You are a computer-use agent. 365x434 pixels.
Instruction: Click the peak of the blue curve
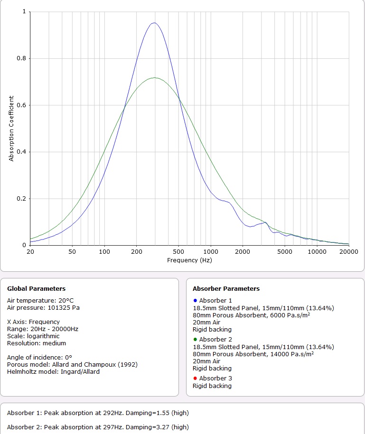pyautogui.click(x=154, y=23)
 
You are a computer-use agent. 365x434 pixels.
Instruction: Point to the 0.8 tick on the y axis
pyautogui.click(x=23, y=58)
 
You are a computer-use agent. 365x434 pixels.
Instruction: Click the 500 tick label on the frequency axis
pyautogui.click(x=178, y=252)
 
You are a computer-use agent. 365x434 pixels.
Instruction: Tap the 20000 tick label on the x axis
pyautogui.click(x=348, y=252)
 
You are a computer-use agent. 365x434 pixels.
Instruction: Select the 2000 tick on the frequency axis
pyautogui.click(x=243, y=252)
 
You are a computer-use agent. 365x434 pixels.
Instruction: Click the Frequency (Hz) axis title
pyautogui.click(x=189, y=260)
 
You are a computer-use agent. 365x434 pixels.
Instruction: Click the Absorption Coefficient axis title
pyautogui.click(x=11, y=128)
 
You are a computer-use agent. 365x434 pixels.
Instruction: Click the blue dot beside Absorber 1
pyautogui.click(x=195, y=301)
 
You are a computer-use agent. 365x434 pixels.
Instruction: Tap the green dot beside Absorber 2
pyautogui.click(x=195, y=340)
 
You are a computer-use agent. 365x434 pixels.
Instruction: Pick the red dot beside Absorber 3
pyautogui.click(x=195, y=379)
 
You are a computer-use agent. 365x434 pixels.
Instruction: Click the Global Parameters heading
pyautogui.click(x=36, y=288)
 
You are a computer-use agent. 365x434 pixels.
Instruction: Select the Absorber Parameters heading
pyautogui.click(x=226, y=288)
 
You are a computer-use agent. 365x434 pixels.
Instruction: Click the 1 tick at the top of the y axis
pyautogui.click(x=24, y=12)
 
